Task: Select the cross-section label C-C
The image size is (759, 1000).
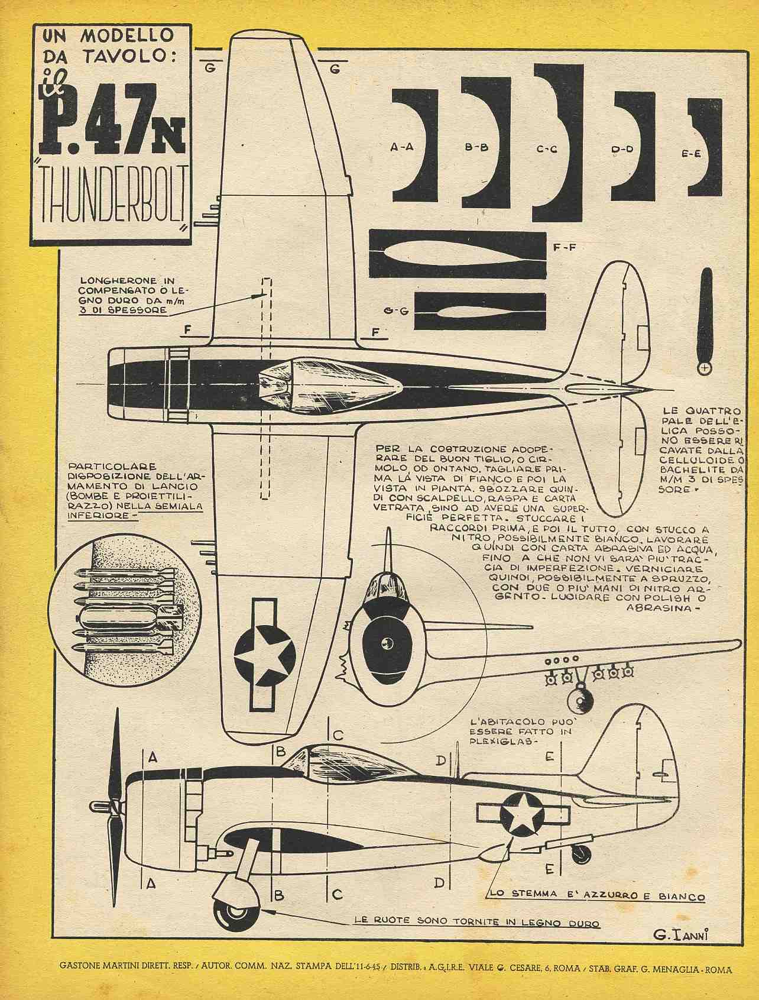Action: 547,150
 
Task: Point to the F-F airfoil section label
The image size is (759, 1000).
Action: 565,248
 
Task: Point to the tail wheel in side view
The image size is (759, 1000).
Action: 582,853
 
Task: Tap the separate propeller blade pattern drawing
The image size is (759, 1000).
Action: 704,320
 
